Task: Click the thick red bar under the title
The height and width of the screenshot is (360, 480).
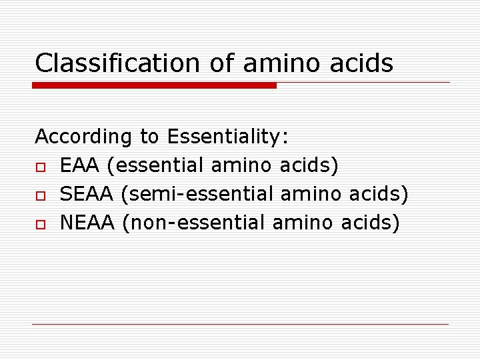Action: click(x=155, y=85)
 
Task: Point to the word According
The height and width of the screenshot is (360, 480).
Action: click(x=83, y=137)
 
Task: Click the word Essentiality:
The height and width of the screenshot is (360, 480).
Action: click(x=228, y=137)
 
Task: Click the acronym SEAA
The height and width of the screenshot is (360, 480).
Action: click(x=89, y=193)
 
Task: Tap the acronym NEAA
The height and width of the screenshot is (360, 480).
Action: click(x=89, y=221)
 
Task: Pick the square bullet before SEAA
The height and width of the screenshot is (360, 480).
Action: click(x=41, y=195)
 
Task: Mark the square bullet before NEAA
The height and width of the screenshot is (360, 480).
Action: click(x=41, y=223)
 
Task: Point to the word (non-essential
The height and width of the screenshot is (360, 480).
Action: click(x=194, y=221)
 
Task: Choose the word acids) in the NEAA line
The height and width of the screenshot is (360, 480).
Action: click(x=370, y=221)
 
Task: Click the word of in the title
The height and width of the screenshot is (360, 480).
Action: click(x=219, y=63)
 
